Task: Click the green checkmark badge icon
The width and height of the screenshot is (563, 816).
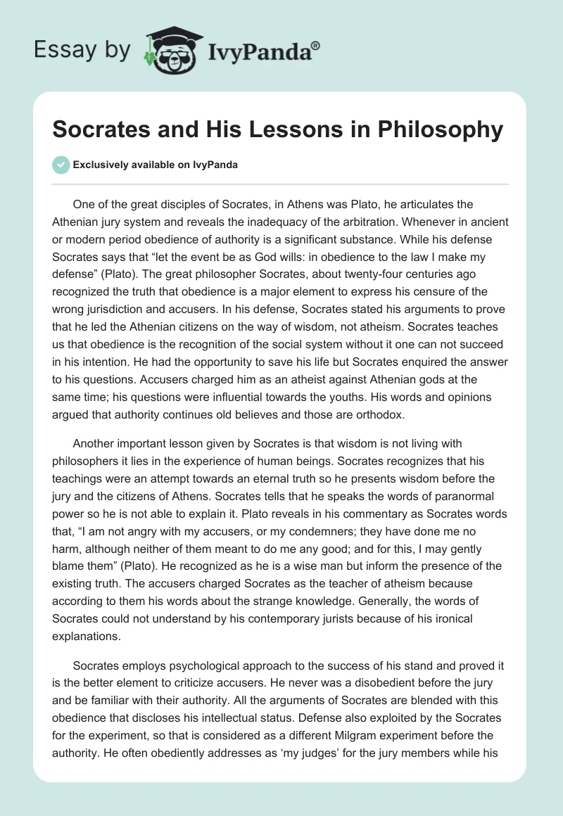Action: coord(61,165)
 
